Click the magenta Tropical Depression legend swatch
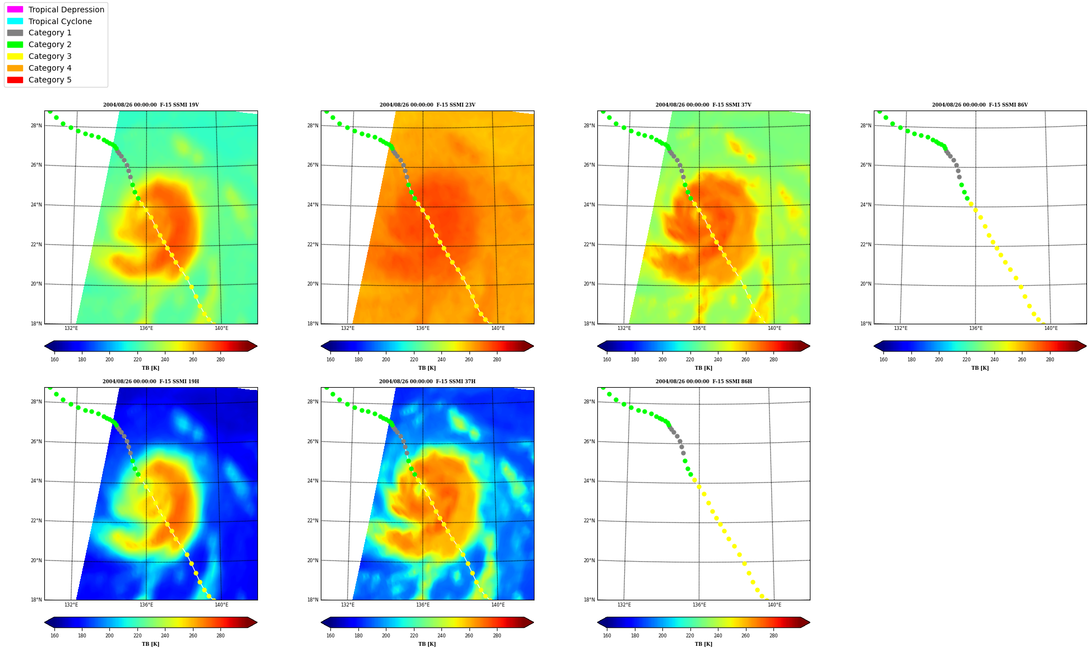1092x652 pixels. click(15, 10)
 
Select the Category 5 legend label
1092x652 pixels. click(50, 80)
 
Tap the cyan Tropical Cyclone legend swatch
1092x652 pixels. click(15, 21)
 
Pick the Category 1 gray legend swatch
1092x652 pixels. click(15, 33)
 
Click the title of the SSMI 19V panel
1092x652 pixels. click(151, 105)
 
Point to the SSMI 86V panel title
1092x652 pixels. click(980, 105)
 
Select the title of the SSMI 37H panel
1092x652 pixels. click(427, 382)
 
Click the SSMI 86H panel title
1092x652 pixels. click(703, 382)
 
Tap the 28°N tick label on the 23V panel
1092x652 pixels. click(312, 126)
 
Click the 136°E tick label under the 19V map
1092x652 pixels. click(146, 328)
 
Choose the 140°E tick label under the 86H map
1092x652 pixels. click(774, 605)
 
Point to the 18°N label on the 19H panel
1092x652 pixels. click(36, 600)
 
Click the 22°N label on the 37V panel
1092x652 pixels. click(589, 245)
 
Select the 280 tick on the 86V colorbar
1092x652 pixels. click(1049, 360)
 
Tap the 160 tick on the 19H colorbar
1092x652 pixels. click(54, 636)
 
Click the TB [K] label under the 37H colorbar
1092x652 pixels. click(427, 644)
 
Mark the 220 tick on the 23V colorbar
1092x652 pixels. click(414, 360)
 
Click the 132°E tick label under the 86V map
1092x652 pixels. click(901, 328)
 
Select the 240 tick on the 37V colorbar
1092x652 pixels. click(718, 360)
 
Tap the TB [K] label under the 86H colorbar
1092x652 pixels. click(703, 644)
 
